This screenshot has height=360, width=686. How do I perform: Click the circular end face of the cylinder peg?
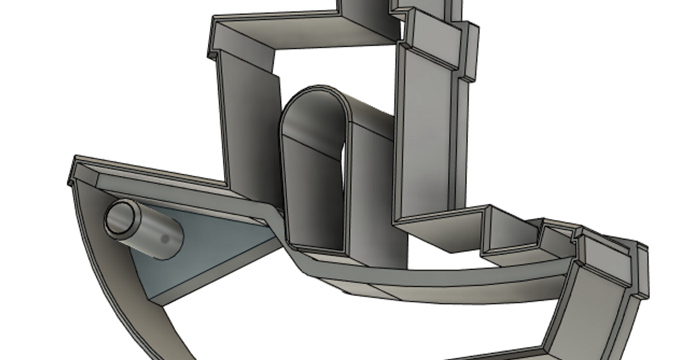[119, 218]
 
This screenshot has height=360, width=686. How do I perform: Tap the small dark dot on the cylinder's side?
[165, 238]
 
